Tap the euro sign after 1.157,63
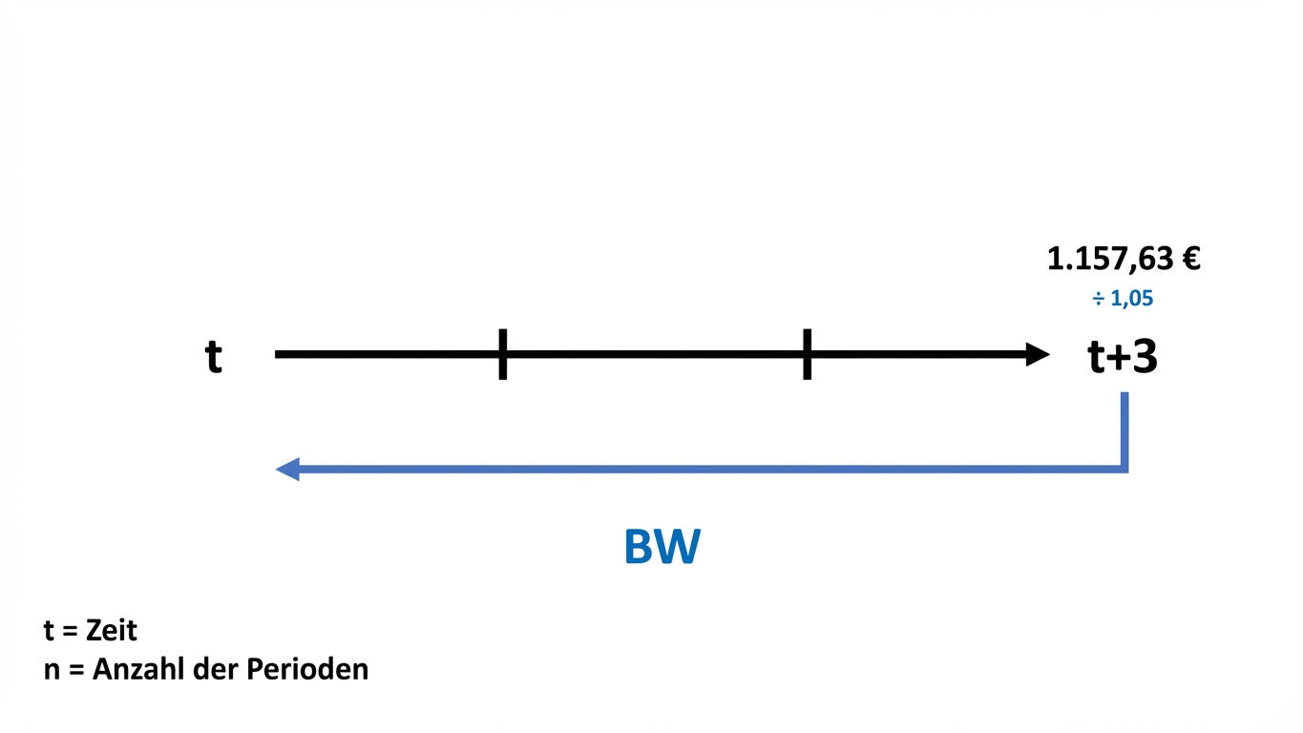pos(1190,259)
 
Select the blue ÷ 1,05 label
pos(1123,299)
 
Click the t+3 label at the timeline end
pos(1122,356)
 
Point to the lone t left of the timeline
pos(214,356)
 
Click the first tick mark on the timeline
pos(502,354)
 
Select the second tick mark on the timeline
pos(807,354)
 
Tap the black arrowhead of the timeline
pos(1038,354)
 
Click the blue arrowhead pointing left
pos(287,469)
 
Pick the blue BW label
pos(662,546)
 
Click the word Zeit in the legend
pos(111,631)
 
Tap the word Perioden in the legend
pos(307,670)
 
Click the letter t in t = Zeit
pos(49,631)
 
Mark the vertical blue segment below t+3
pos(1124,430)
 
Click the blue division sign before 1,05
pos(1098,299)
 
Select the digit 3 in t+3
pos(1145,355)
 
